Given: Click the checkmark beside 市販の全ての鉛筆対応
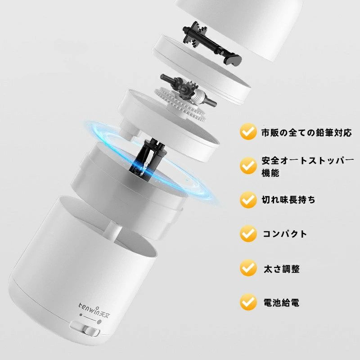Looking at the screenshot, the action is click(248, 131).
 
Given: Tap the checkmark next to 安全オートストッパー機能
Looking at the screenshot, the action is click(248, 165).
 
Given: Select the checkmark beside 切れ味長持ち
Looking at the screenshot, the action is click(248, 199).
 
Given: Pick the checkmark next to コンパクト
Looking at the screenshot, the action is click(248, 234).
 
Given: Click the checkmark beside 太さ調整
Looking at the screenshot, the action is click(248, 268).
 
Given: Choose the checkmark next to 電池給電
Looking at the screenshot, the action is click(248, 301).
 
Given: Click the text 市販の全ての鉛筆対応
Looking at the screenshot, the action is click(306, 133).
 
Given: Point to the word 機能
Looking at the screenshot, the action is click(270, 173).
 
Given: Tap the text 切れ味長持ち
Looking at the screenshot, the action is click(288, 200).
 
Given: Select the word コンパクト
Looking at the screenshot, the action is click(285, 234).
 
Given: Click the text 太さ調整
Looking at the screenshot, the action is click(282, 269).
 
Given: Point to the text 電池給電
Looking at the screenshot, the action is click(282, 303).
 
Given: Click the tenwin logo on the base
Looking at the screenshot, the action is click(94, 310).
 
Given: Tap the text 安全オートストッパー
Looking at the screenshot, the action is click(308, 161).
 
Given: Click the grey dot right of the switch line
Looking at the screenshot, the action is click(99, 322).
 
